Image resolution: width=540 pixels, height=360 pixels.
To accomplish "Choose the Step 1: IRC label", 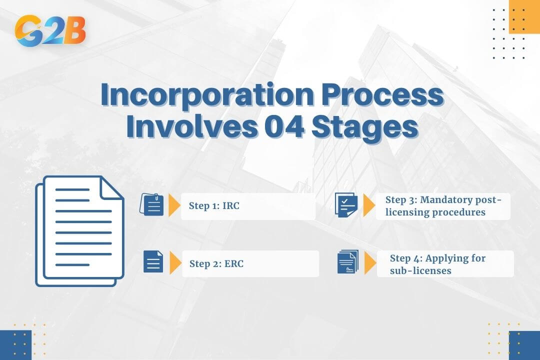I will [x=214, y=206].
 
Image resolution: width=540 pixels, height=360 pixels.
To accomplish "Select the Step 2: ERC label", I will [x=216, y=263].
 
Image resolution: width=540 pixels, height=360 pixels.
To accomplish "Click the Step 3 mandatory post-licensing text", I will [x=443, y=206].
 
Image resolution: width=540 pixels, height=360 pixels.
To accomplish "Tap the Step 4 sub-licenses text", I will [x=437, y=264].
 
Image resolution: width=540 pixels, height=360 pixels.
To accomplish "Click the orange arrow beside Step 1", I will [x=174, y=205].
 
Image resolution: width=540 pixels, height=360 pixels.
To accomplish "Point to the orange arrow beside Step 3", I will [x=369, y=205].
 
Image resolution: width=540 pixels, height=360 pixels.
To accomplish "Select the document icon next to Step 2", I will [x=153, y=262].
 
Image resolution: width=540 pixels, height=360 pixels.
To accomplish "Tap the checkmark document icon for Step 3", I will [x=345, y=205].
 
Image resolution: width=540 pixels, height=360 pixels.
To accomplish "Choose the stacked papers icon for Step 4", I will [x=347, y=262].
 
